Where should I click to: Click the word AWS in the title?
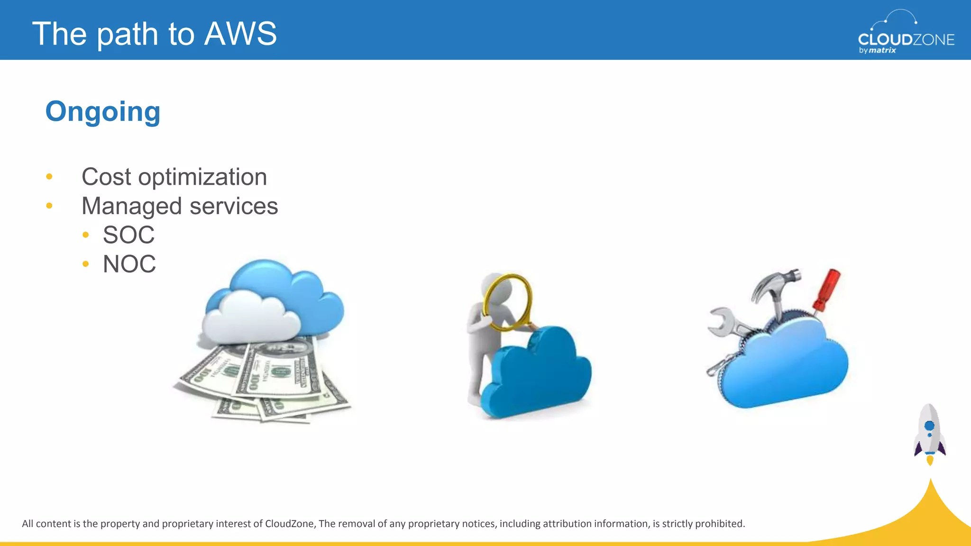point(240,34)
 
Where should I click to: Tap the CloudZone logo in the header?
point(906,33)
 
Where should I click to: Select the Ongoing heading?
point(103,112)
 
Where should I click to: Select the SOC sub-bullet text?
point(128,235)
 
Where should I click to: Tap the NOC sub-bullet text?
point(129,264)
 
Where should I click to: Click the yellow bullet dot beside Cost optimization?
point(49,177)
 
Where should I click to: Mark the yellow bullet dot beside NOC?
point(85,264)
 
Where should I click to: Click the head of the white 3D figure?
point(493,284)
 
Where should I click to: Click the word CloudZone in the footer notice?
point(289,524)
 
